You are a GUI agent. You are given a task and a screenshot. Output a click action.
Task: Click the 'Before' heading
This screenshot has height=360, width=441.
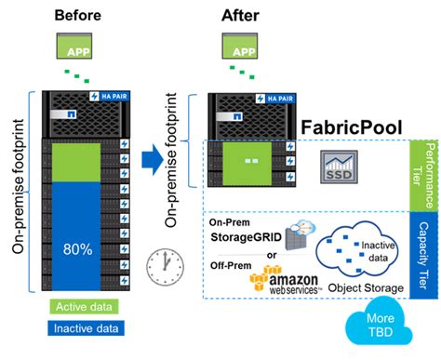pyautogui.click(x=78, y=15)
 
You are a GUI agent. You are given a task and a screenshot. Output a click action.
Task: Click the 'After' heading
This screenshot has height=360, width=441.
pyautogui.click(x=240, y=15)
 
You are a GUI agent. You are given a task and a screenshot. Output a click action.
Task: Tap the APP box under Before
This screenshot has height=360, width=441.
pyautogui.click(x=77, y=46)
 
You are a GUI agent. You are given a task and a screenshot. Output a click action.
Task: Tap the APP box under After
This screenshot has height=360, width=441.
pyautogui.click(x=240, y=46)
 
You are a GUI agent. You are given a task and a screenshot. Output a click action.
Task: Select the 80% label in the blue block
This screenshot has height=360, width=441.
pyautogui.click(x=78, y=249)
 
